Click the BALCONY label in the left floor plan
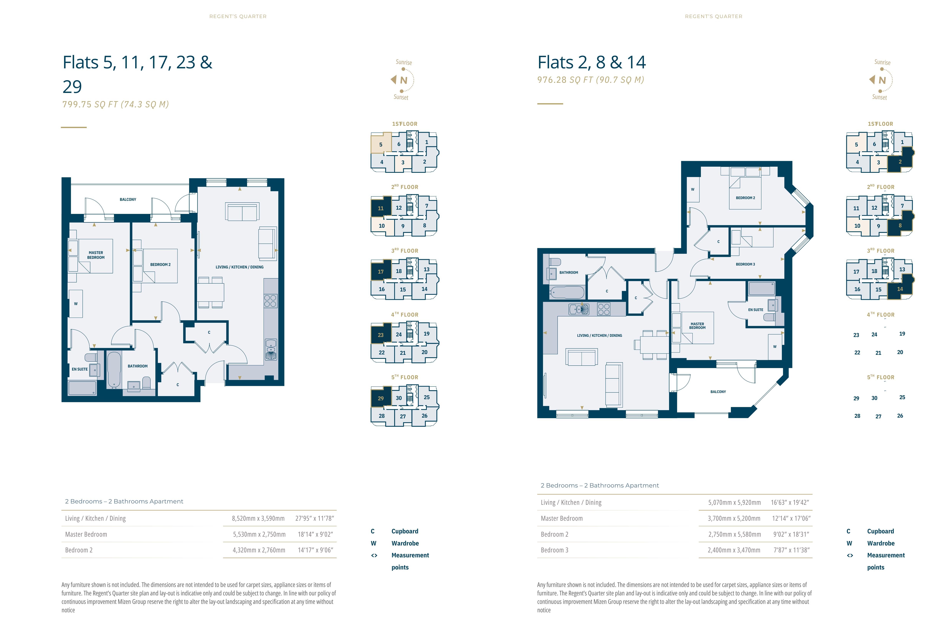(x=128, y=199)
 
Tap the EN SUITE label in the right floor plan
(x=756, y=310)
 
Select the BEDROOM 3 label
(x=745, y=264)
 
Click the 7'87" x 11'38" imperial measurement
(x=791, y=550)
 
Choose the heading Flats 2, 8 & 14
(x=592, y=62)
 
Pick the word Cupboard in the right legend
(x=880, y=531)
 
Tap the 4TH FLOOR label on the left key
(x=405, y=315)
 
